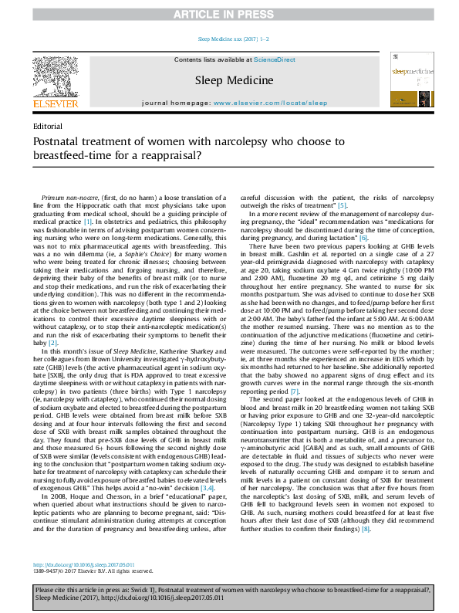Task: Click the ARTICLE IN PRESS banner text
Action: point(229,14)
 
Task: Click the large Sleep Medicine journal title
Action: point(234,80)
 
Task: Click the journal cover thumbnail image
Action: point(415,81)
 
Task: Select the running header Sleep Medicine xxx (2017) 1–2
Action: point(229,38)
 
